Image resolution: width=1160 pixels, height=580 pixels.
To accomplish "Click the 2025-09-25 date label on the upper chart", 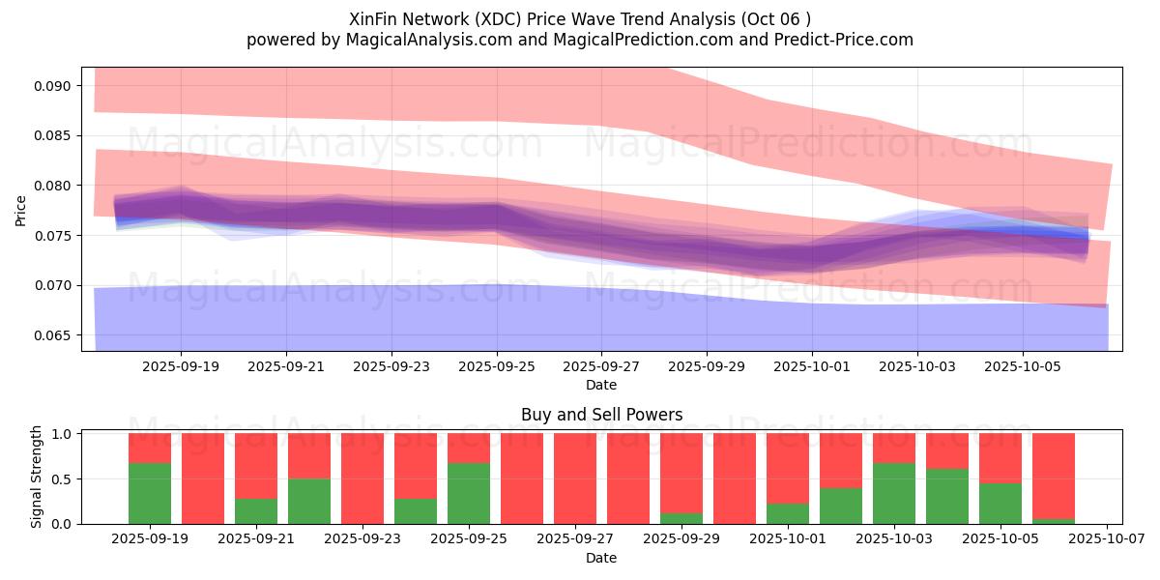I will point(496,367).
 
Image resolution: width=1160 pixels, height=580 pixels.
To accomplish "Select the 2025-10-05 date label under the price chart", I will point(1023,367).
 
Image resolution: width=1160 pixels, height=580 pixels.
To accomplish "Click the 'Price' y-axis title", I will point(21,210).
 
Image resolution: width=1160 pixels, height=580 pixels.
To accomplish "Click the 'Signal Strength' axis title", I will point(37,477).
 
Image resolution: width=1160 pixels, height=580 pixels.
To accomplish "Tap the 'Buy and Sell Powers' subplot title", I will point(601,415).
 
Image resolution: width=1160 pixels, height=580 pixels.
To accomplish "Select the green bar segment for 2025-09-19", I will point(150,493).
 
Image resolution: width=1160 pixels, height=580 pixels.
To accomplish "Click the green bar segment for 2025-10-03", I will point(894,493).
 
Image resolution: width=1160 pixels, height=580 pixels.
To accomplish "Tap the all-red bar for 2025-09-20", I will point(203,478).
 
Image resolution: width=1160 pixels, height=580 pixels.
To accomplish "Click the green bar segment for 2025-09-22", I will point(309,501).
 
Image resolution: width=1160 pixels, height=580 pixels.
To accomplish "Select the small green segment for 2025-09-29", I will point(681,518).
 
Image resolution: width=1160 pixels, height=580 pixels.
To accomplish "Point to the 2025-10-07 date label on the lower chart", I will point(1106,539).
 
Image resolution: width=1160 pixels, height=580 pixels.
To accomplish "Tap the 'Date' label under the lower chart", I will point(601,558).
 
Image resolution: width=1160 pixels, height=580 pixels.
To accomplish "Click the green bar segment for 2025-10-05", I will point(1000,503).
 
